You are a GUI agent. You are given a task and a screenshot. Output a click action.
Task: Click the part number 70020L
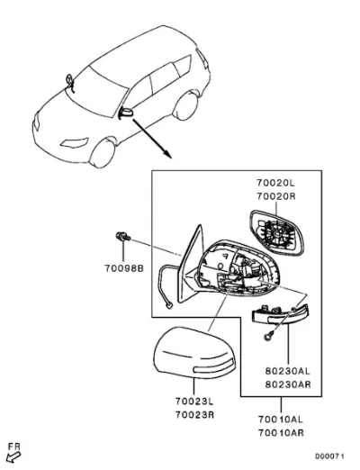tap(275, 183)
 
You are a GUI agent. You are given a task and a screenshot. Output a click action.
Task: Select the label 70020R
tap(276, 196)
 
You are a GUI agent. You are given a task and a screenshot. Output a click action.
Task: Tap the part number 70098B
tap(124, 268)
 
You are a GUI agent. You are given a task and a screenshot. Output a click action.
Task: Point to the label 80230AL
tap(287, 371)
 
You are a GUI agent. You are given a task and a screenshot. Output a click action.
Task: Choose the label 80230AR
tap(288, 384)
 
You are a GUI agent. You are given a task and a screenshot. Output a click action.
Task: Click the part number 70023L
tap(194, 401)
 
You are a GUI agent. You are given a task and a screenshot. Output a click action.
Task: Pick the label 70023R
tap(194, 415)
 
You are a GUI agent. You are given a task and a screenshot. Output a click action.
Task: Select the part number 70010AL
tap(281, 420)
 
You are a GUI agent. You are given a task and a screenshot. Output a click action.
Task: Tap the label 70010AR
tap(281, 433)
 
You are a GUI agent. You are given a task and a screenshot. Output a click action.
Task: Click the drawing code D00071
tap(329, 456)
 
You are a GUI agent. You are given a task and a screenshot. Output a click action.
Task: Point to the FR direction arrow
tap(13, 457)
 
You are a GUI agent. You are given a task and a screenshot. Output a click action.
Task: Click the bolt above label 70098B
tap(123, 237)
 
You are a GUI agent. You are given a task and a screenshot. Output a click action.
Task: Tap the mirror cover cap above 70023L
tap(194, 353)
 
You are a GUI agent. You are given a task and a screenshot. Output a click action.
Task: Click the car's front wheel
tap(103, 153)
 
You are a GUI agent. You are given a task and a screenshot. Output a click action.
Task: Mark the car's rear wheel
tap(186, 106)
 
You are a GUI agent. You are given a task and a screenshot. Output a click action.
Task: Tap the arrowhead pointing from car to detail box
tap(168, 154)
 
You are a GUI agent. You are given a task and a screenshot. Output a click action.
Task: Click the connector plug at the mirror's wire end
tap(169, 306)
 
